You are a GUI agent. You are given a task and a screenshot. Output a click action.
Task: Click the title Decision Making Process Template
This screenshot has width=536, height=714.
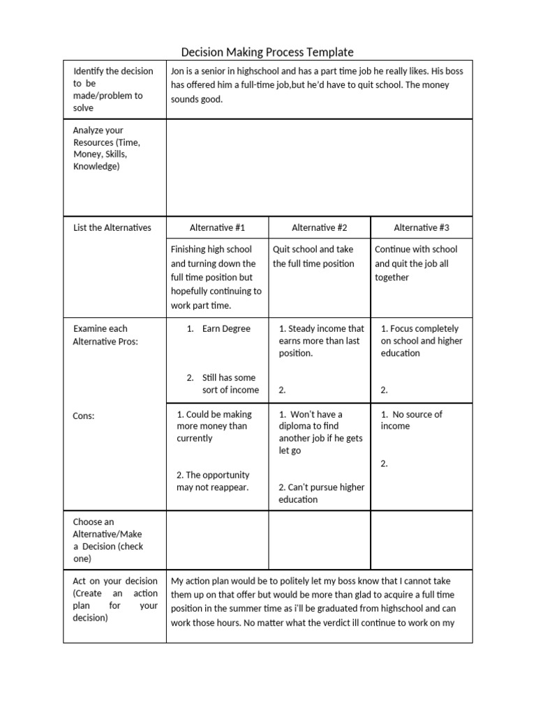pyautogui.click(x=267, y=52)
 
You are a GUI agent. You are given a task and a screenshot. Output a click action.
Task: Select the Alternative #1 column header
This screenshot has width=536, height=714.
pyautogui.click(x=217, y=227)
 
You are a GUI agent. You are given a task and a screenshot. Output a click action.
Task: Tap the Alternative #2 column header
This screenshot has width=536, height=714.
pyautogui.click(x=319, y=227)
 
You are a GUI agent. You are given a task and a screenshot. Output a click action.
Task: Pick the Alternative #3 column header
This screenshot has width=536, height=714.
pyautogui.click(x=422, y=227)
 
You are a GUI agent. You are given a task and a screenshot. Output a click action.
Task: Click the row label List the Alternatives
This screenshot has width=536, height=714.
pyautogui.click(x=112, y=227)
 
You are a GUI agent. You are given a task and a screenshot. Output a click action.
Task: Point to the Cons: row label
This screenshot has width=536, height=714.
pyautogui.click(x=84, y=416)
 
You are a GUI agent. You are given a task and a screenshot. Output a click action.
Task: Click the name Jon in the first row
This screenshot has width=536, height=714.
pyautogui.click(x=178, y=71)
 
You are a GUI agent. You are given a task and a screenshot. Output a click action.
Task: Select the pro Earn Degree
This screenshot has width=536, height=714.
pyautogui.click(x=226, y=328)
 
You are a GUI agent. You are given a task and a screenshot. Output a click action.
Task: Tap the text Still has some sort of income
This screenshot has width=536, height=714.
pyautogui.click(x=230, y=383)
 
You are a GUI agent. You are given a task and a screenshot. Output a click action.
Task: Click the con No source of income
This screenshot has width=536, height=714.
pyautogui.click(x=412, y=420)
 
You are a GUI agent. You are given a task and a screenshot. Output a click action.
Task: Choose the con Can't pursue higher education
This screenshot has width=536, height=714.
pyautogui.click(x=321, y=493)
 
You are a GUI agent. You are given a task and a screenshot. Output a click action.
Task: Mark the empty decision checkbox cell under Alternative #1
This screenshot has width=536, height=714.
pyautogui.click(x=217, y=540)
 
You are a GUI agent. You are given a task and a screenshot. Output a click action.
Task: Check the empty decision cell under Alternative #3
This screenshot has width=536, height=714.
pyautogui.click(x=422, y=540)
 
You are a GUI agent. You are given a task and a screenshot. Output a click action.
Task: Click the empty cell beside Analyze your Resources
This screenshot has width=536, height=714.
pyautogui.click(x=319, y=167)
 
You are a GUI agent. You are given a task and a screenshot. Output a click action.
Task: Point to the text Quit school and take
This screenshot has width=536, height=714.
pyautogui.click(x=313, y=249)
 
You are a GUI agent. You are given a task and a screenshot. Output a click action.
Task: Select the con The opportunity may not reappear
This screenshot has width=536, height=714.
pyautogui.click(x=213, y=480)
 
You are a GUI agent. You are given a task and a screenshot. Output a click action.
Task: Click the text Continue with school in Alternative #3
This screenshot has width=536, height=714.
pyautogui.click(x=416, y=249)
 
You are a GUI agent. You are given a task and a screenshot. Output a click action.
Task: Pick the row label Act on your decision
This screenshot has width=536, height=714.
pyautogui.click(x=115, y=598)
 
